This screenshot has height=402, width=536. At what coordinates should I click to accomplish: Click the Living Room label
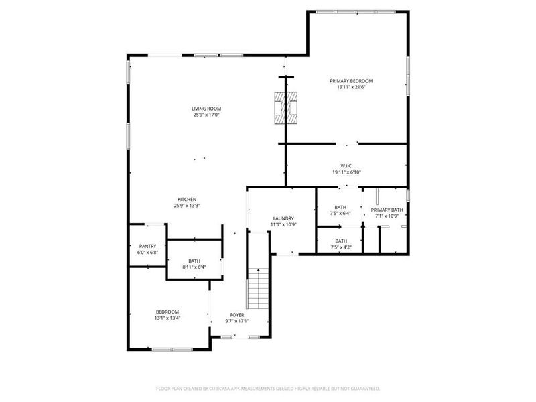click(x=206, y=109)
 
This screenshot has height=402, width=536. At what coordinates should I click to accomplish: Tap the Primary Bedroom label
click(x=350, y=81)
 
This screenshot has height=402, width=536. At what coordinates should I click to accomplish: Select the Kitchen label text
click(x=186, y=199)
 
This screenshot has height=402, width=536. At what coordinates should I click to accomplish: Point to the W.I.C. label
click(x=346, y=165)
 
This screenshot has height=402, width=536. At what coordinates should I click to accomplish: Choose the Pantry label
click(x=147, y=246)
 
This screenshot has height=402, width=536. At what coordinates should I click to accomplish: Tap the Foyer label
click(x=237, y=314)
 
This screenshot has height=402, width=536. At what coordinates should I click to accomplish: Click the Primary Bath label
click(x=387, y=210)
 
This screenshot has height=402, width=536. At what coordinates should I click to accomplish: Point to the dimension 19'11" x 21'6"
click(x=350, y=88)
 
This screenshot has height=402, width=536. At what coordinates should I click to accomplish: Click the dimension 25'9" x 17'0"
click(x=206, y=115)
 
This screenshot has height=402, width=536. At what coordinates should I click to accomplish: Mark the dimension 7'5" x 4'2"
click(x=341, y=247)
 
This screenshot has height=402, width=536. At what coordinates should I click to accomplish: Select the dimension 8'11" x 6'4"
click(x=194, y=267)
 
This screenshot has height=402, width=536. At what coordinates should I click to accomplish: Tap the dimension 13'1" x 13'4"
click(x=167, y=318)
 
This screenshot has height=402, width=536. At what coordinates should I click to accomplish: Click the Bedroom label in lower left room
click(x=167, y=312)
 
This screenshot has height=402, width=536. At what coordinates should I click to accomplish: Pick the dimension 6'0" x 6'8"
click(x=147, y=253)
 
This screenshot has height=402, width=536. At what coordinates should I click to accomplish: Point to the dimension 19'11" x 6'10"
click(x=346, y=172)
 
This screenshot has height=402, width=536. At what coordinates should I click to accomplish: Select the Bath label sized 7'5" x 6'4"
click(x=341, y=207)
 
